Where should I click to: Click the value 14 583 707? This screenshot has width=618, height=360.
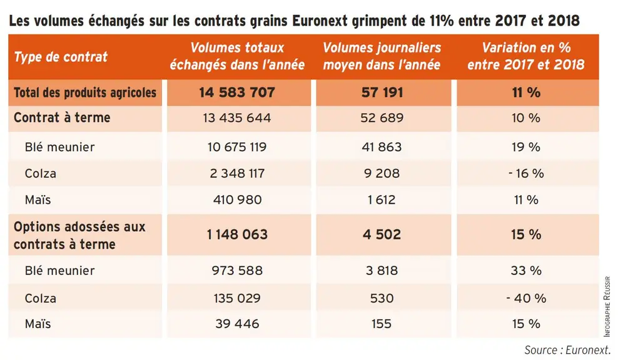(x=237, y=92)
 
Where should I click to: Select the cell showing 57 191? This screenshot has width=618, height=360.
(x=382, y=92)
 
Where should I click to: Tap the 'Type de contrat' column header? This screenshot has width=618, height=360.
(x=61, y=57)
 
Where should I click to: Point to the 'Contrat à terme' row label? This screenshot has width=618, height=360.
(x=62, y=117)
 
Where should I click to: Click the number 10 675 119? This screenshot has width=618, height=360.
(x=237, y=147)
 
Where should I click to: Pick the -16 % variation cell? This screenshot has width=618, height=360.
(x=526, y=173)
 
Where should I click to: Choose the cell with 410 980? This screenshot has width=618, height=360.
(x=237, y=200)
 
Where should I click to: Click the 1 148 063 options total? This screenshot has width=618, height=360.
(x=237, y=235)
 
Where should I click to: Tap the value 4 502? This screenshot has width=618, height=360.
(x=382, y=235)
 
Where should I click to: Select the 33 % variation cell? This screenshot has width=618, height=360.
(x=526, y=271)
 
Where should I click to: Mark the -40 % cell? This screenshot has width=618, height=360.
(x=526, y=298)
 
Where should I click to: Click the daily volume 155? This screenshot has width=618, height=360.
(x=382, y=324)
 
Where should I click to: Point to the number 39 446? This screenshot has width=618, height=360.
(x=237, y=324)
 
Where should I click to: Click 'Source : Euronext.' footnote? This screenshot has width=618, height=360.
(x=567, y=350)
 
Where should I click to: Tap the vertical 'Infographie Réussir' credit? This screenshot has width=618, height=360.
(x=607, y=306)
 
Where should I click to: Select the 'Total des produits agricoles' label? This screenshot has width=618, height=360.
(x=85, y=92)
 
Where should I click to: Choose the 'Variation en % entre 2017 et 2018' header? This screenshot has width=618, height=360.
(x=526, y=56)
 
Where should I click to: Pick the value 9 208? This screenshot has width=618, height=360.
(x=382, y=173)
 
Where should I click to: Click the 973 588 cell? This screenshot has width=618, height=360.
(x=237, y=271)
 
